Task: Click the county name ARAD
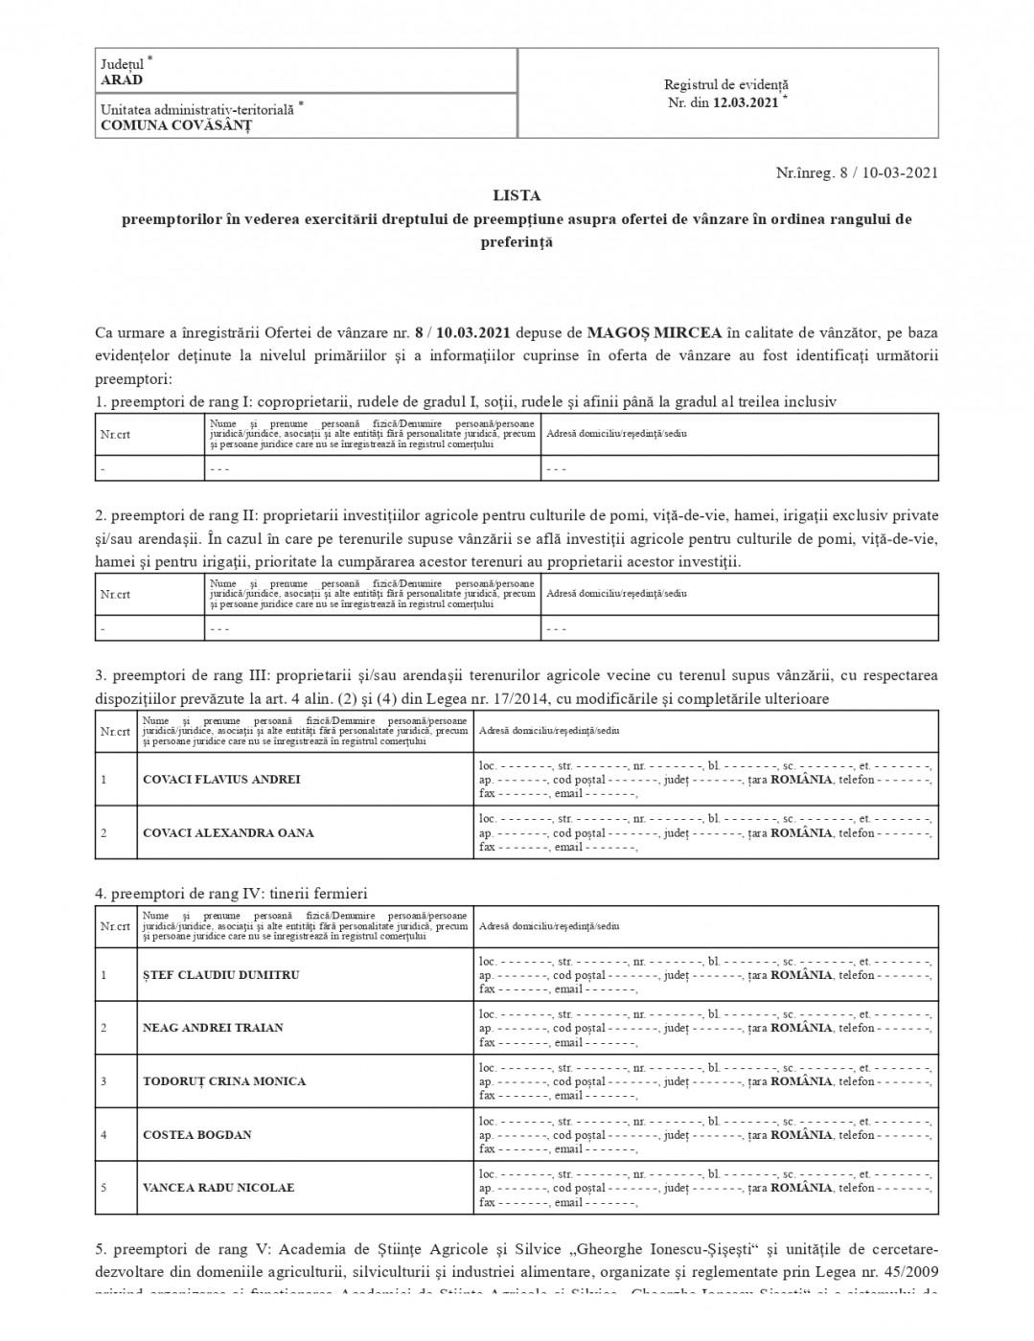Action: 122,80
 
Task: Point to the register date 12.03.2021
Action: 746,102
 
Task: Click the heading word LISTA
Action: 517,195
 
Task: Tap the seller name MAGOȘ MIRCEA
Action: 655,333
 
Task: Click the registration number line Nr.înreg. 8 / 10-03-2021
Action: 857,172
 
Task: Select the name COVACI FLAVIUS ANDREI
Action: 221,779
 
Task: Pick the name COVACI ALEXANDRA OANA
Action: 228,832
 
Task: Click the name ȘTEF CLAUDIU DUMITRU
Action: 221,975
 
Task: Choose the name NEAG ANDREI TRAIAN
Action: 213,1028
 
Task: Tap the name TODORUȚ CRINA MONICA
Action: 224,1081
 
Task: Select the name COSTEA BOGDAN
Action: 197,1135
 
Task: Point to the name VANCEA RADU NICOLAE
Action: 218,1188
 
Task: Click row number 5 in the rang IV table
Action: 103,1188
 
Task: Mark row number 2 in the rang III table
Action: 103,832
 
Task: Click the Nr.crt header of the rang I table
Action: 115,435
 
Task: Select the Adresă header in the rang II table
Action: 615,594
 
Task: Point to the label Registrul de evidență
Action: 726,85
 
